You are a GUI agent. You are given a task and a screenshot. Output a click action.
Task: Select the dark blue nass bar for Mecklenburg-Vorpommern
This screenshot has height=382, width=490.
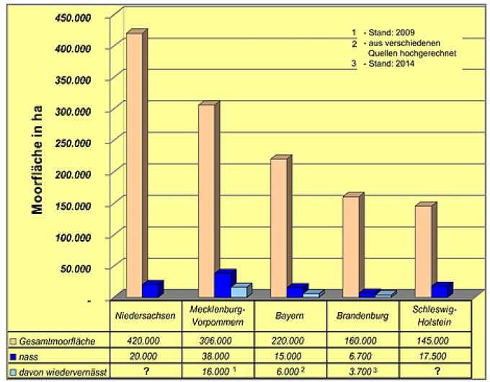223,284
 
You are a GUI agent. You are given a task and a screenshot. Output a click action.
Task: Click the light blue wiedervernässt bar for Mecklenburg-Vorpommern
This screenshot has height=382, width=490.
239,291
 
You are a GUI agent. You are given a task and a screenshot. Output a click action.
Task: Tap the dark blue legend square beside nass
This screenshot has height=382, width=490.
13,356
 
